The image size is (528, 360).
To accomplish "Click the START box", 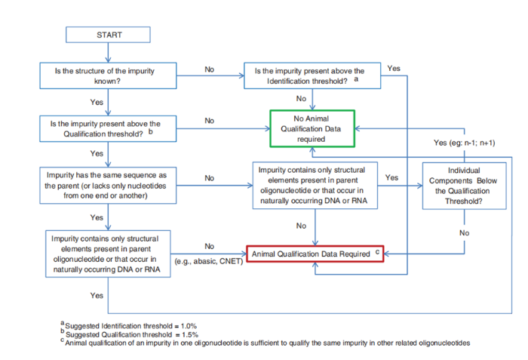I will [x=109, y=35].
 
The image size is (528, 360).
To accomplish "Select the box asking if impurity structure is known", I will [x=109, y=75].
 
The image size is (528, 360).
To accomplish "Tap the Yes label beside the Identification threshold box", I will [x=393, y=69].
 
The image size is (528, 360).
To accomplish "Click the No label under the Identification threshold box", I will [x=301, y=98].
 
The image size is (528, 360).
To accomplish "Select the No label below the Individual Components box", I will [x=464, y=233].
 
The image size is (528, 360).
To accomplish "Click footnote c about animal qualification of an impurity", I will [x=264, y=342].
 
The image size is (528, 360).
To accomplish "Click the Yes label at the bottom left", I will [x=97, y=295].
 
